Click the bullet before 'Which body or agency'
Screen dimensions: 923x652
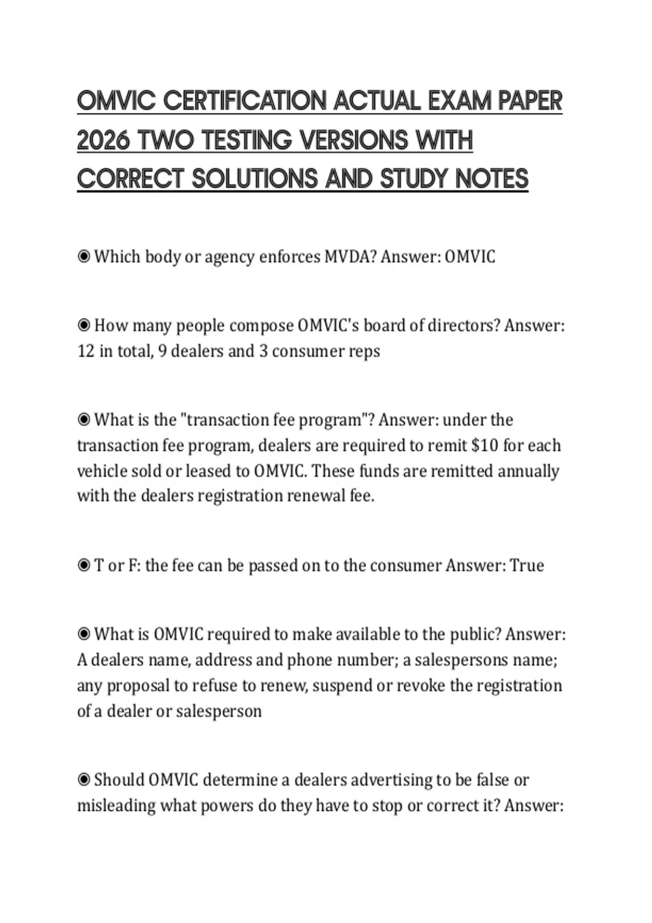[84, 256]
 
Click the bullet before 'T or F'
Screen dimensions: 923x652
[84, 566]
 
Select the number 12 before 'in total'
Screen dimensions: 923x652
[86, 351]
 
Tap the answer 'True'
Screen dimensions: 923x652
[527, 566]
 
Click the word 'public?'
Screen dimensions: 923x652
[474, 634]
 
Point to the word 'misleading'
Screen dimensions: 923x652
[116, 806]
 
